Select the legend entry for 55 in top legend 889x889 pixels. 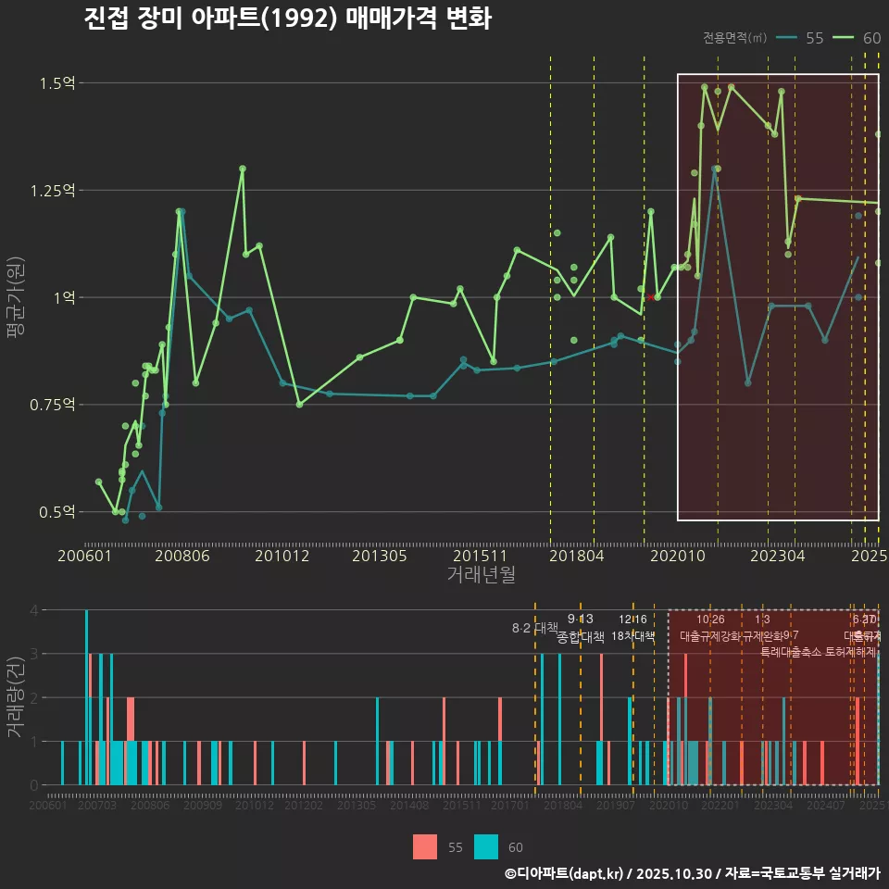[x=801, y=38]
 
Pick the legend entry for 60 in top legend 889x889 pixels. [x=858, y=38]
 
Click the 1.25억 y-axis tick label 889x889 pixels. [x=52, y=191]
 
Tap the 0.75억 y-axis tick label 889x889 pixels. [x=52, y=405]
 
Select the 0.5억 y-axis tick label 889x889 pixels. [x=56, y=512]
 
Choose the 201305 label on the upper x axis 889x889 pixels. [x=381, y=557]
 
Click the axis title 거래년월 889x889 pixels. [x=481, y=575]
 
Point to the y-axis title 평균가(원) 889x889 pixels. [x=16, y=298]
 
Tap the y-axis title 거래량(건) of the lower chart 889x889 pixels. [x=16, y=696]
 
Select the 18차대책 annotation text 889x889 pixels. [x=633, y=636]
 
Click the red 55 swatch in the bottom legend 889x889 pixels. [x=425, y=846]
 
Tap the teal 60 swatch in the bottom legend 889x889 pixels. [x=486, y=846]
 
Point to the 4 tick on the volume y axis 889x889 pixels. [x=33, y=610]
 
